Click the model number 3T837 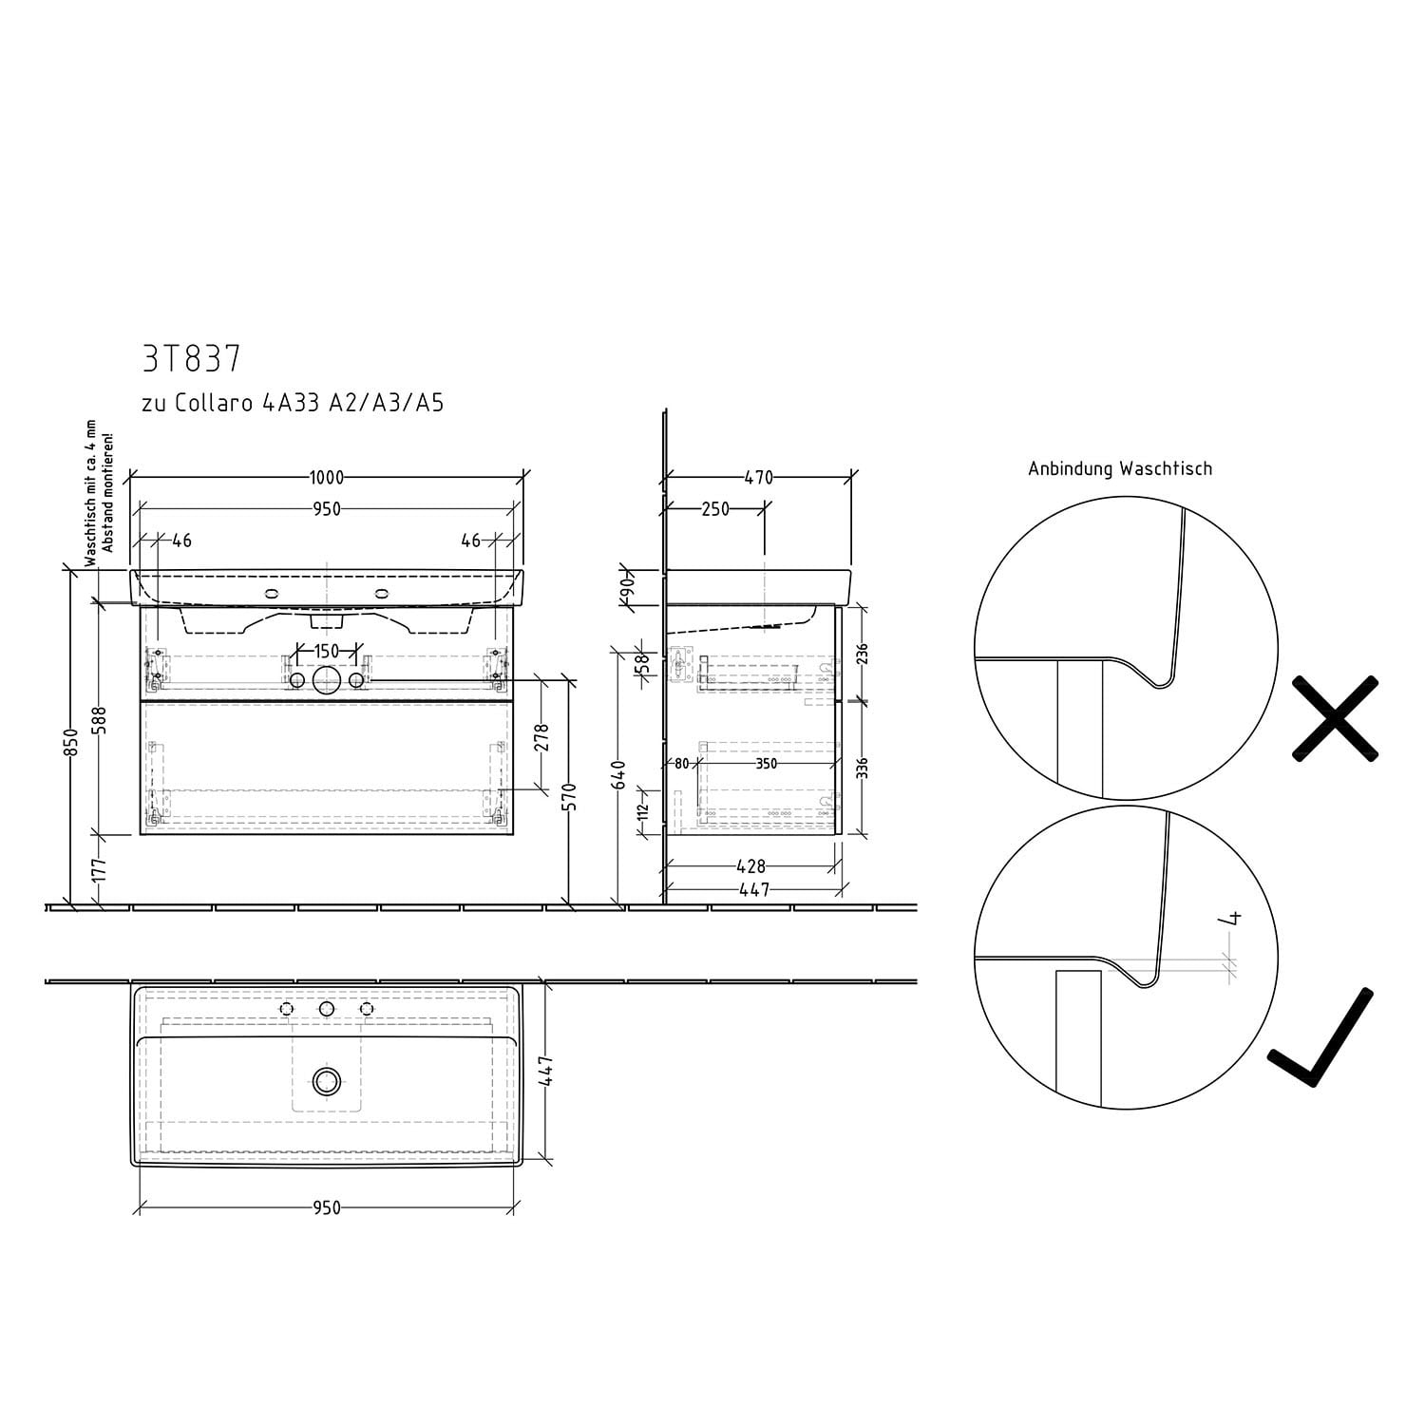point(191,358)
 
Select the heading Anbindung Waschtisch point(1120,468)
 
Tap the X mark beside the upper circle point(1335,718)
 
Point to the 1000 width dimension point(326,478)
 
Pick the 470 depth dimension point(758,478)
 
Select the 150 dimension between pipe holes point(326,652)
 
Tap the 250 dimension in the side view point(715,509)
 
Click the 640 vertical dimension point(618,774)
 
